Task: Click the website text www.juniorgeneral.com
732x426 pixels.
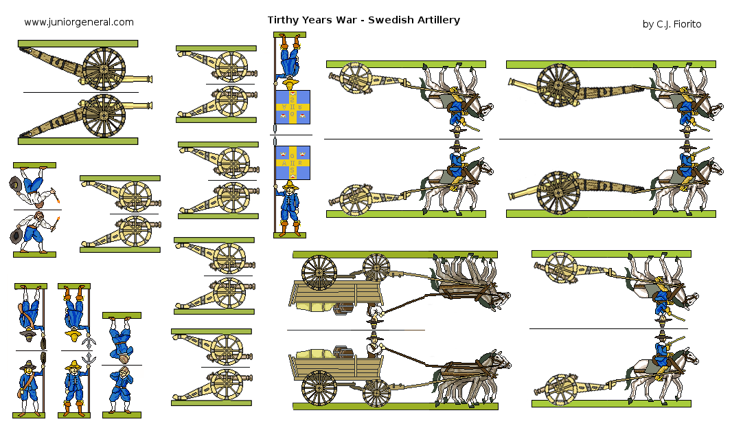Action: pos(79,22)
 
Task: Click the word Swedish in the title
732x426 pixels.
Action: pos(392,20)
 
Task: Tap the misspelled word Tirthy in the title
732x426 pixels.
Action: pos(283,20)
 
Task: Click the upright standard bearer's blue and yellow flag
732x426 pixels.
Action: pos(293,162)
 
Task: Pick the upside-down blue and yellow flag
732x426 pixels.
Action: pos(293,106)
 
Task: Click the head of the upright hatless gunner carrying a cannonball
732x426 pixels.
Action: pos(122,375)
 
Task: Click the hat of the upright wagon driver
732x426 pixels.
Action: pos(374,336)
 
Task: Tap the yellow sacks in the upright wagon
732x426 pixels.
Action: pos(314,354)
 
